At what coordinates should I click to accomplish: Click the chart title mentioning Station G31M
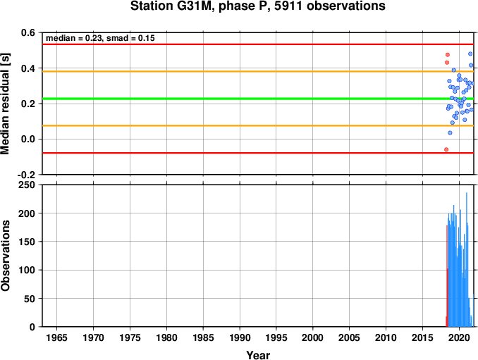(258, 6)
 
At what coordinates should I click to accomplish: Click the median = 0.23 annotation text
(100, 38)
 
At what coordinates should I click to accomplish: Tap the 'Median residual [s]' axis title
(5, 104)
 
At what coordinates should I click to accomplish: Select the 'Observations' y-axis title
(5, 256)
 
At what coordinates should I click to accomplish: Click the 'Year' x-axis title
(258, 355)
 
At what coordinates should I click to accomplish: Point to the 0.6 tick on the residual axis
(27, 32)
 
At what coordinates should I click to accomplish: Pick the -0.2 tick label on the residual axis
(26, 175)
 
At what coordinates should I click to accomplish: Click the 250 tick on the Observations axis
(27, 185)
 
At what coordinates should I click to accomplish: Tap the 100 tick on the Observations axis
(27, 270)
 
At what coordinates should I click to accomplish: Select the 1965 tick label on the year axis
(56, 337)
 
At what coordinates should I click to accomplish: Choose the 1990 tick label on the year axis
(240, 337)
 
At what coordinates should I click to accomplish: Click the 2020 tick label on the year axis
(459, 337)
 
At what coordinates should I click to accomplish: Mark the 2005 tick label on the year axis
(350, 337)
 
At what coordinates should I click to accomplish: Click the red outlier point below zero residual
(446, 149)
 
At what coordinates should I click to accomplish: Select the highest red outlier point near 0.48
(448, 55)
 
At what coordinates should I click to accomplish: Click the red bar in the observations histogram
(447, 276)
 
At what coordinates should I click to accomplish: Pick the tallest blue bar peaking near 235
(467, 259)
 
